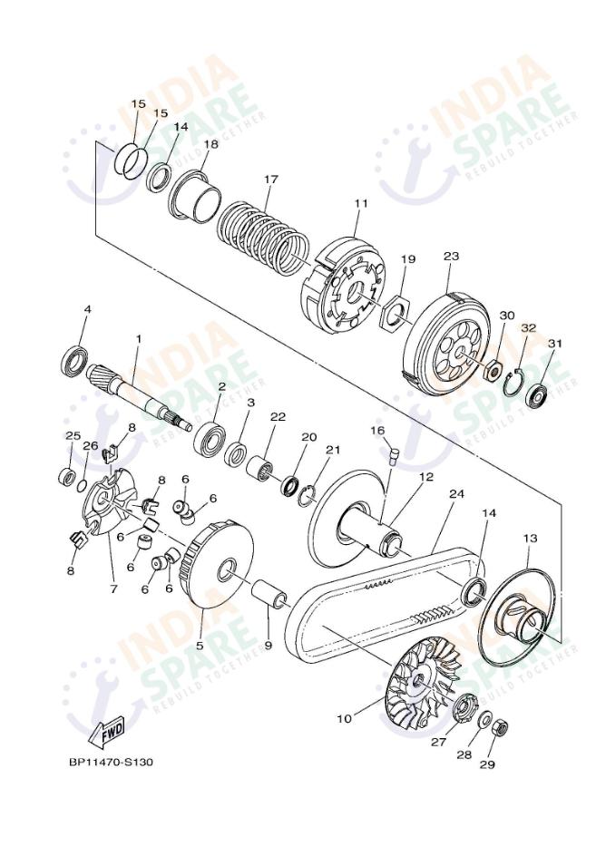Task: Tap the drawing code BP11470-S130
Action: pyautogui.click(x=111, y=763)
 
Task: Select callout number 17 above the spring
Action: pyautogui.click(x=270, y=180)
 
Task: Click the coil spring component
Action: pyautogui.click(x=264, y=235)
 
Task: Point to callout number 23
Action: pyautogui.click(x=451, y=256)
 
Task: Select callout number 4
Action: pyautogui.click(x=87, y=309)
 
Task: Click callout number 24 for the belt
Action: pyautogui.click(x=456, y=493)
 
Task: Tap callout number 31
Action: pyautogui.click(x=554, y=343)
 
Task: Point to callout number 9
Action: pyautogui.click(x=269, y=644)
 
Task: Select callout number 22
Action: pyautogui.click(x=278, y=416)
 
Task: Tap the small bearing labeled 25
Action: pyautogui.click(x=68, y=476)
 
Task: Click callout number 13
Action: pyautogui.click(x=530, y=538)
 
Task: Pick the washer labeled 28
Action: pyautogui.click(x=484, y=719)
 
